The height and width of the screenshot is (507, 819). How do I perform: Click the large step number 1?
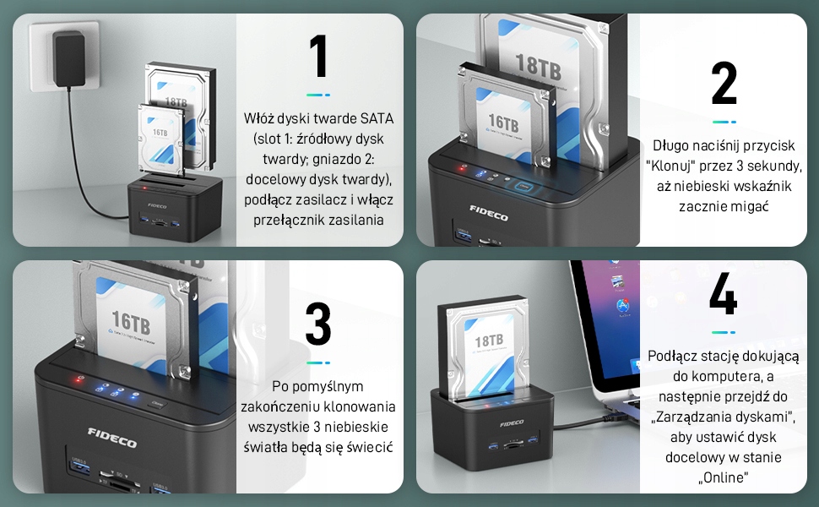318,57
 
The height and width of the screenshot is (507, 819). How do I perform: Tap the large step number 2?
724,83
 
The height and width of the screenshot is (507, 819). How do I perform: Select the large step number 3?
318,324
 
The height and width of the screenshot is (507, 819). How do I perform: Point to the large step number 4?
724,294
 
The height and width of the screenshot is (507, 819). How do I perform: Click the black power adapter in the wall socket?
69,58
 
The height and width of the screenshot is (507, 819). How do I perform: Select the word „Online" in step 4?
724,477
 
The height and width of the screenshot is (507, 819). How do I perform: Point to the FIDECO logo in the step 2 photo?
488,213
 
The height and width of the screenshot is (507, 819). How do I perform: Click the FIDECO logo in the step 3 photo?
111,438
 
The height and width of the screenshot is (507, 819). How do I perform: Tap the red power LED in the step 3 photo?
79,379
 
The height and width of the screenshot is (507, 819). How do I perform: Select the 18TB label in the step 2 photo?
538,67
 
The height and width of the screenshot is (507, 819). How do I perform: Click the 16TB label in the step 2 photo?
503,123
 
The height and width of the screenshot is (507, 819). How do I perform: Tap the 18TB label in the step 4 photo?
489,341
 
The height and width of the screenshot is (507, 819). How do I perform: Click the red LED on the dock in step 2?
463,167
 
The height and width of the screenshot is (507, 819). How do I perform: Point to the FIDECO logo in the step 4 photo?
512,422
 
